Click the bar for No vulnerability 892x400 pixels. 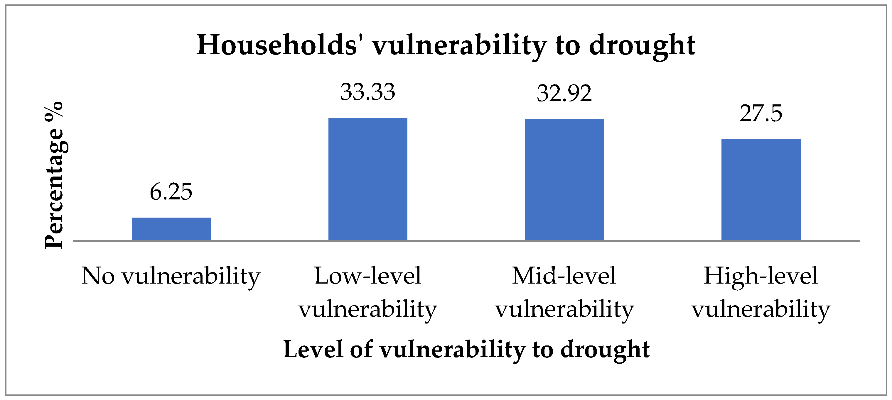[x=171, y=229]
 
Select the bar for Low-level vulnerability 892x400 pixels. [x=368, y=179]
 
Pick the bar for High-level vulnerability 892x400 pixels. [x=761, y=190]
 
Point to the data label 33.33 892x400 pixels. [x=368, y=92]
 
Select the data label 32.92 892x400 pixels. [x=564, y=94]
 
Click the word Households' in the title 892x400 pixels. [x=277, y=45]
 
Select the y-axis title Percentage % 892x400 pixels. [x=54, y=175]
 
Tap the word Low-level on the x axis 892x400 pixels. [x=368, y=276]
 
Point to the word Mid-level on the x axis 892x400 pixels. [x=564, y=276]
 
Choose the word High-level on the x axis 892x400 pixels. [x=761, y=276]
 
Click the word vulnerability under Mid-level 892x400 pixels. [x=564, y=309]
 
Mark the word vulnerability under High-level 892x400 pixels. [x=761, y=309]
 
